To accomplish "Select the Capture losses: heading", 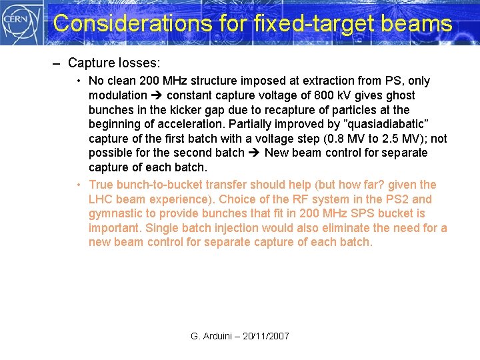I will click(x=114, y=63).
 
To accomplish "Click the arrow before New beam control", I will click(x=255, y=153).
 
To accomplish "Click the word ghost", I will click(x=399, y=95).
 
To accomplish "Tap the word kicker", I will click(x=175, y=110).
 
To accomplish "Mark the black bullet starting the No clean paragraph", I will click(x=79, y=81).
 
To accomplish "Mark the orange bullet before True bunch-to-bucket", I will click(x=79, y=185).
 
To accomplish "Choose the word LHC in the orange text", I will click(x=101, y=199).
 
